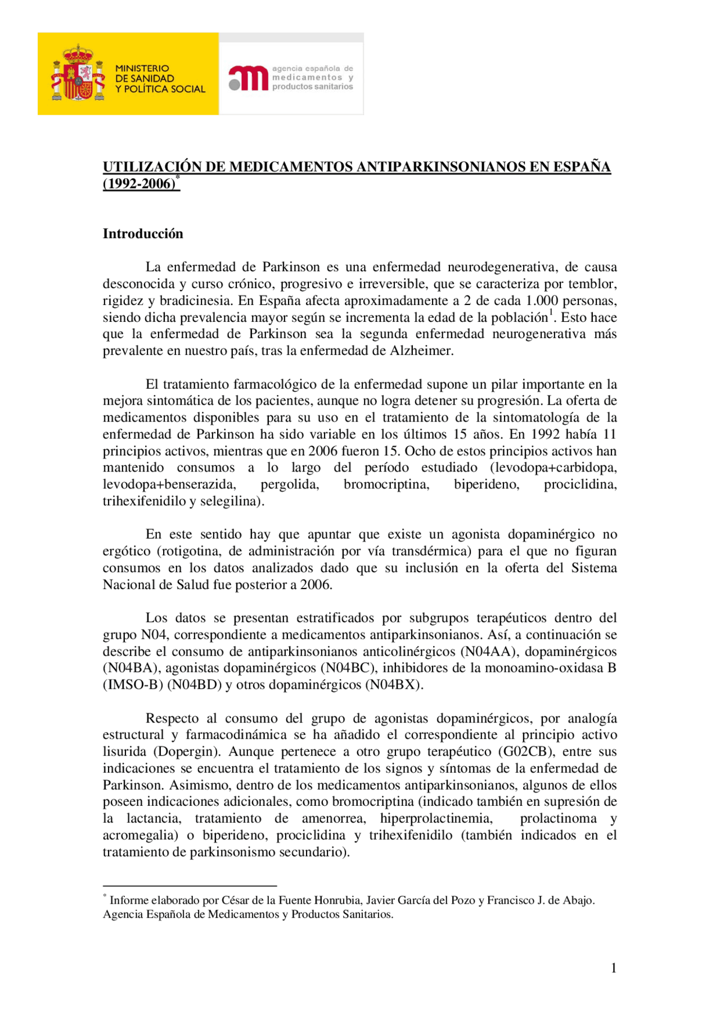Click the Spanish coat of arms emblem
(78, 74)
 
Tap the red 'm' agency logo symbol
(248, 78)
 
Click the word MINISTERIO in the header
(142, 68)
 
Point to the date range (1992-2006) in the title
(139, 184)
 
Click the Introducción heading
(143, 234)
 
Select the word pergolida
(290, 484)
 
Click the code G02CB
(528, 752)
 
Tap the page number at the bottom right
(614, 968)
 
